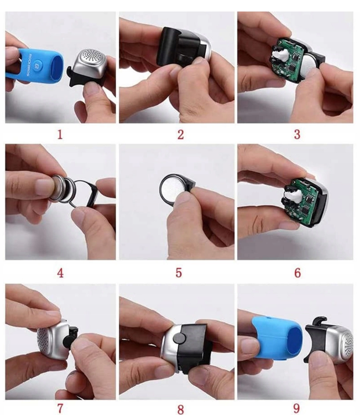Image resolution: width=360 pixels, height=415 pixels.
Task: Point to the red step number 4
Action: pos(60,273)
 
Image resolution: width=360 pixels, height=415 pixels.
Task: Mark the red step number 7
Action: pos(60,409)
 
